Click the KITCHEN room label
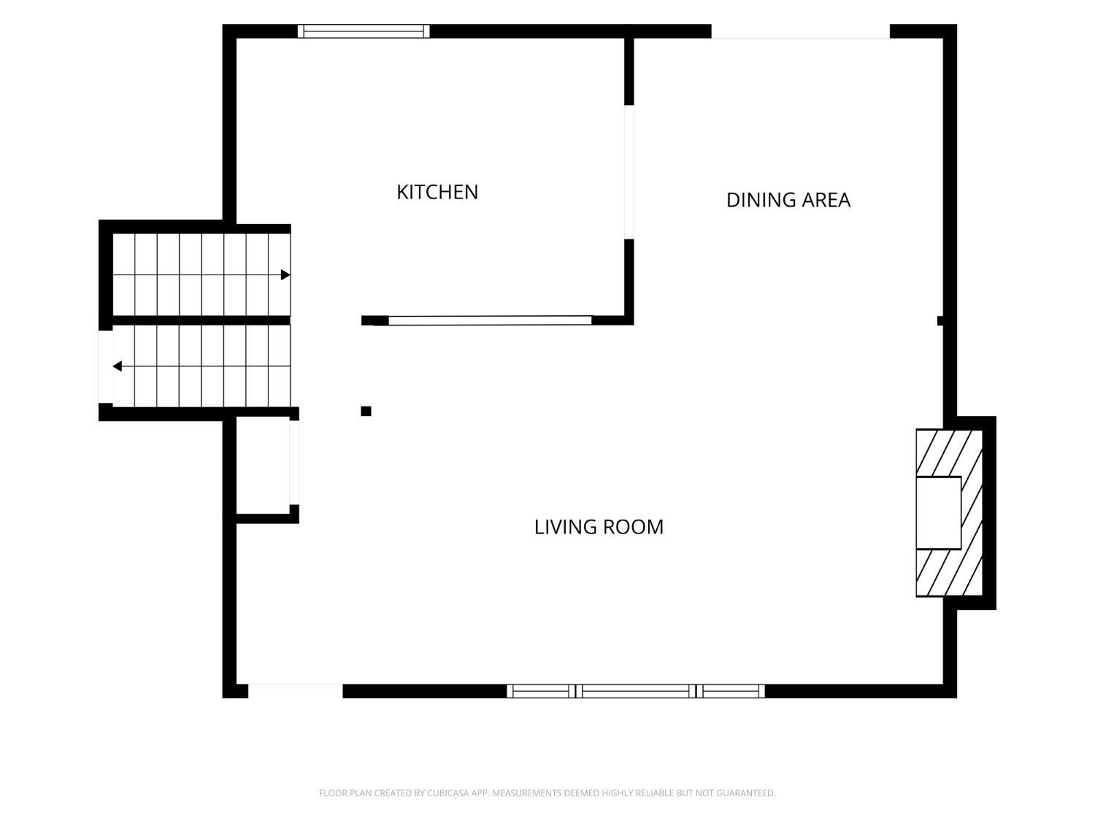437,192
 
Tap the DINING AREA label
788,200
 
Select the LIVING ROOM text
599,527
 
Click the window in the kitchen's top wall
363,31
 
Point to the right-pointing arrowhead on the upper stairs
285,274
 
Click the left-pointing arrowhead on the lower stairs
118,366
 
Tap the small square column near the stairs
366,412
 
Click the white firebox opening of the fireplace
938,513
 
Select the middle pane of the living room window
636,691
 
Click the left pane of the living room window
541,691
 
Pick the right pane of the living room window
730,691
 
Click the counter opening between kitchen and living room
490,320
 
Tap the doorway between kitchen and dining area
629,172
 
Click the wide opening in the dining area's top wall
800,31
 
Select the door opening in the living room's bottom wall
296,691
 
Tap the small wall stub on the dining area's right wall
940,320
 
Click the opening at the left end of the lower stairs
105,366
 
